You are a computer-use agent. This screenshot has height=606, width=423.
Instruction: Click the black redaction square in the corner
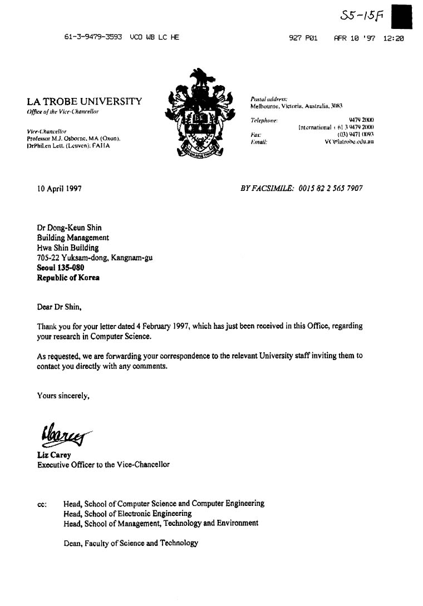click(402, 16)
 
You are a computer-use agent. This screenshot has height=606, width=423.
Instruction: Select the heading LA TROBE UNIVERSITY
click(84, 101)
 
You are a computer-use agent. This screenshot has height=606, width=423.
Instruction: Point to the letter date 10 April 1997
click(60, 189)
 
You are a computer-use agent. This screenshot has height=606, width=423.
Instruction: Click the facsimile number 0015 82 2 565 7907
click(331, 189)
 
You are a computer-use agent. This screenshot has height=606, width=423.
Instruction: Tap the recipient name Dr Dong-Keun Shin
click(69, 228)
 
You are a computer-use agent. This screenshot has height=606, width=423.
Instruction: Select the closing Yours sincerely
click(63, 396)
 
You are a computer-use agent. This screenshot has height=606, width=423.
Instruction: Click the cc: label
click(42, 504)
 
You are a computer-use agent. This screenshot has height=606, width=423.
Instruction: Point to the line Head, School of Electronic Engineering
click(127, 514)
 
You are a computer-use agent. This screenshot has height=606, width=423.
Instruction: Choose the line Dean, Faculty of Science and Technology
click(131, 543)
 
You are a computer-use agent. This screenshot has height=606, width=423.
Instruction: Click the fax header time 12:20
click(394, 38)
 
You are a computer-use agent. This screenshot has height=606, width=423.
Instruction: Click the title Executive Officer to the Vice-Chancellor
click(103, 464)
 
